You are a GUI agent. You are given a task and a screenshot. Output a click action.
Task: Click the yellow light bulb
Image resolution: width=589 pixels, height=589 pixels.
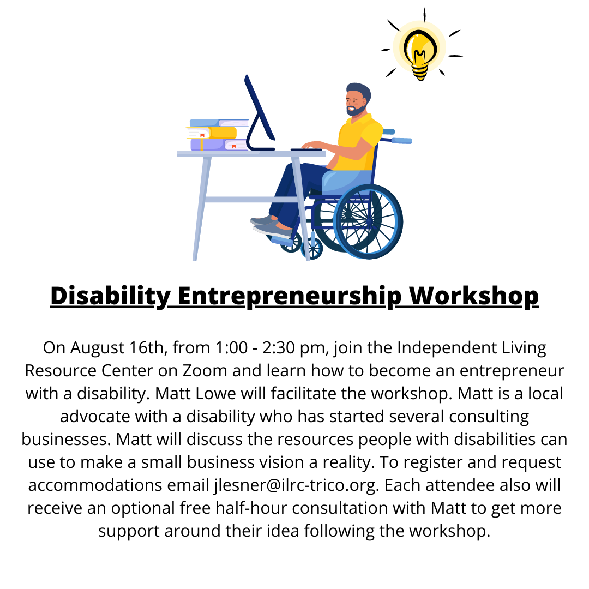pyautogui.click(x=420, y=51)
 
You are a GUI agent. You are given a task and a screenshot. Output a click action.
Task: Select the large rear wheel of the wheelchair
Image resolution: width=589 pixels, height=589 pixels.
pyautogui.click(x=369, y=221)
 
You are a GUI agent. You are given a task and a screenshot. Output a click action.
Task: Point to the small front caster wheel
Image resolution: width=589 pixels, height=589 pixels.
pyautogui.click(x=312, y=249)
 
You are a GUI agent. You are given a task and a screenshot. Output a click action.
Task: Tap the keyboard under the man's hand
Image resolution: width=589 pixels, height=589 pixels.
pyautogui.click(x=306, y=149)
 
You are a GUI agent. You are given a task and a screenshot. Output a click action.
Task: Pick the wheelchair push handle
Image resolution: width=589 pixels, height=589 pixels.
pyautogui.click(x=401, y=141)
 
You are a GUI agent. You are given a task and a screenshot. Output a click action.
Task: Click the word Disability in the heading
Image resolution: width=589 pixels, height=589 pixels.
pyautogui.click(x=110, y=296)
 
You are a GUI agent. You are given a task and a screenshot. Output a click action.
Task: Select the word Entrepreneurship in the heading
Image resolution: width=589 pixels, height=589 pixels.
pyautogui.click(x=290, y=296)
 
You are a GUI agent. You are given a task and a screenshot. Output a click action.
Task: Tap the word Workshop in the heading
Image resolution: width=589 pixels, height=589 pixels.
pyautogui.click(x=474, y=296)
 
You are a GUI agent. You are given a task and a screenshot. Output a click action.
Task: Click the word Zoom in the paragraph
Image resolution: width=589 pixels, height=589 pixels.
pyautogui.click(x=205, y=371)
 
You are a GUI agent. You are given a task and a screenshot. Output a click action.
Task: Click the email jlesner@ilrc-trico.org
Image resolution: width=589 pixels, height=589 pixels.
pyautogui.click(x=295, y=485)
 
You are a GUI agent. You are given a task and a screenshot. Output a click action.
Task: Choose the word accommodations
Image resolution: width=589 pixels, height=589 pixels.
pyautogui.click(x=95, y=485)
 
